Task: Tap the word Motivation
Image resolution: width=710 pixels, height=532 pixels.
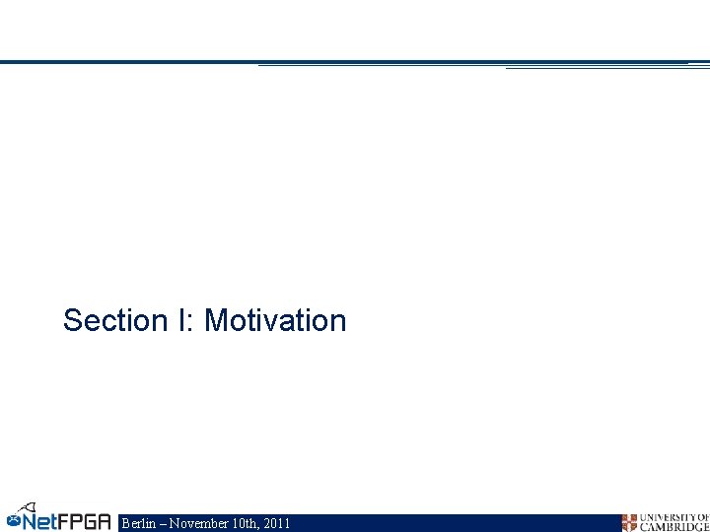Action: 275,320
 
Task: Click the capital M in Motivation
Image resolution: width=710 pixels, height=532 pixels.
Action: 215,320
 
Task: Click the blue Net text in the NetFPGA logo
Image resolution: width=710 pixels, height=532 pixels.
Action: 43,521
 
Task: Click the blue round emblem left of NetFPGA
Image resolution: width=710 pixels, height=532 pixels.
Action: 13,518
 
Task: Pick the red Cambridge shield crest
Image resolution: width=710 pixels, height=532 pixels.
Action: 629,523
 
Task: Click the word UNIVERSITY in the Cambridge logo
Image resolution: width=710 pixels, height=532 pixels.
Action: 667,518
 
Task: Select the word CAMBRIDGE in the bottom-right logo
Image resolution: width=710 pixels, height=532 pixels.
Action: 674,527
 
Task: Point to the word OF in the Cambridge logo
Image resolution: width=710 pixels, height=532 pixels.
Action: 702,518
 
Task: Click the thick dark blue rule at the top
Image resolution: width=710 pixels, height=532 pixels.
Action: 128,62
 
